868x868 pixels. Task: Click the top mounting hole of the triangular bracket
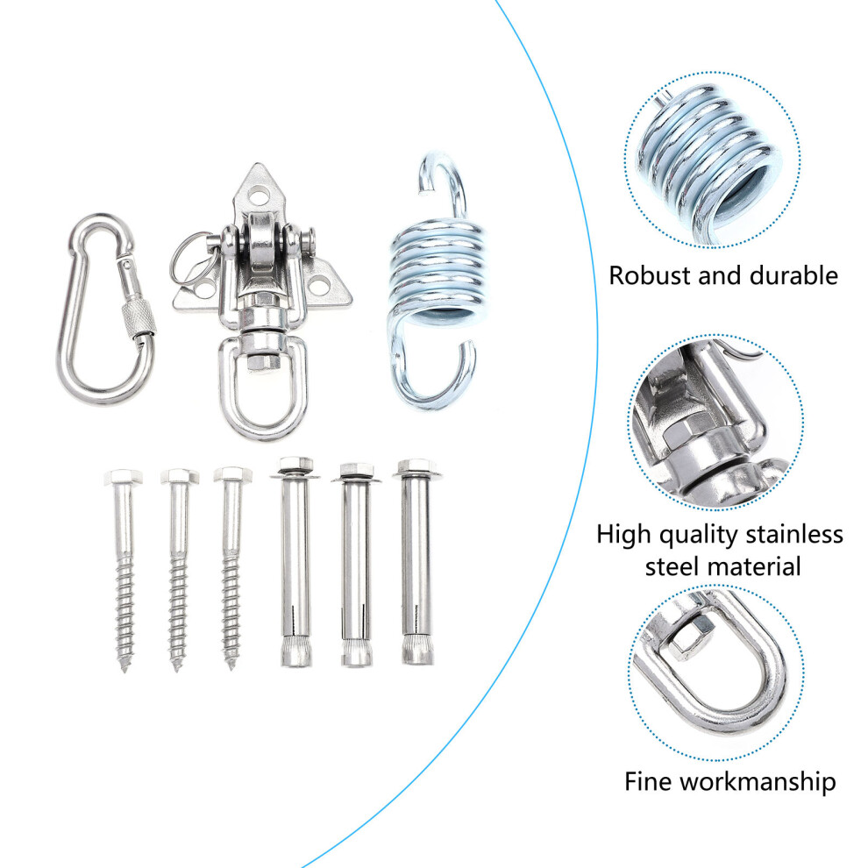(x=258, y=195)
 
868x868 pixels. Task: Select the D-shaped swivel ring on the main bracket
(x=262, y=387)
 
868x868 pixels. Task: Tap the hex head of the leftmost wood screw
(x=123, y=477)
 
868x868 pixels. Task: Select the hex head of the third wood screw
(x=232, y=474)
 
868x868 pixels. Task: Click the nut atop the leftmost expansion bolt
(x=295, y=464)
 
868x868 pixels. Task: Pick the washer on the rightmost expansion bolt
(x=416, y=473)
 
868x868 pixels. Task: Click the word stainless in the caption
(x=793, y=535)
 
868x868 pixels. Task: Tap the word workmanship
(x=758, y=782)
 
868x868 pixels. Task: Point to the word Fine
(x=649, y=782)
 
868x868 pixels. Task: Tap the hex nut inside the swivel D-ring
(x=262, y=361)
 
